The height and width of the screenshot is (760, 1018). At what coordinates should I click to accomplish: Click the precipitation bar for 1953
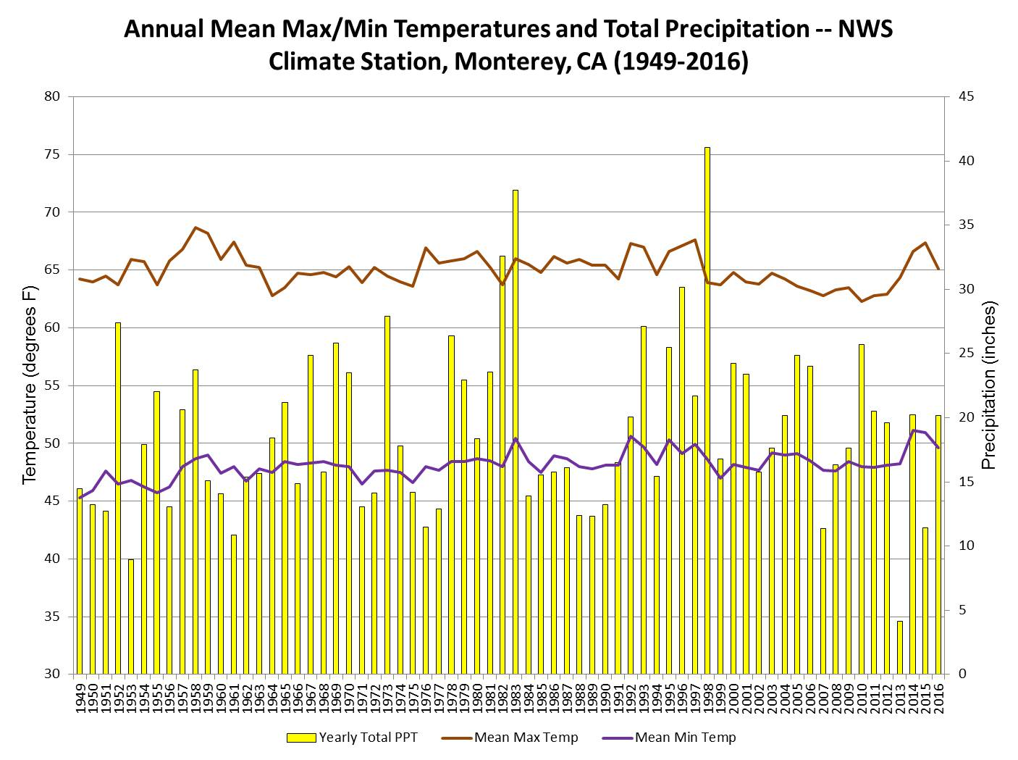coord(131,617)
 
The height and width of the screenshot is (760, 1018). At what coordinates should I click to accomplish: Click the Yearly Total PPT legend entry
coord(352,738)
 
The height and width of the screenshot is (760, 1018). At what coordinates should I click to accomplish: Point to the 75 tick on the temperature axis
coord(55,154)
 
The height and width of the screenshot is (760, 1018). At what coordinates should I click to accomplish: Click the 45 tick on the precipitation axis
coord(967,96)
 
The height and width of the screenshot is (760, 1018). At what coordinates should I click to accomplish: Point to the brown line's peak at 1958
coord(195,227)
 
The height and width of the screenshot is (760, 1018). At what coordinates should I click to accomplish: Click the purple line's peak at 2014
coord(913,430)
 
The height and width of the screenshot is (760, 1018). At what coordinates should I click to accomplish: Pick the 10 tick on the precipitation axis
coord(967,546)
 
